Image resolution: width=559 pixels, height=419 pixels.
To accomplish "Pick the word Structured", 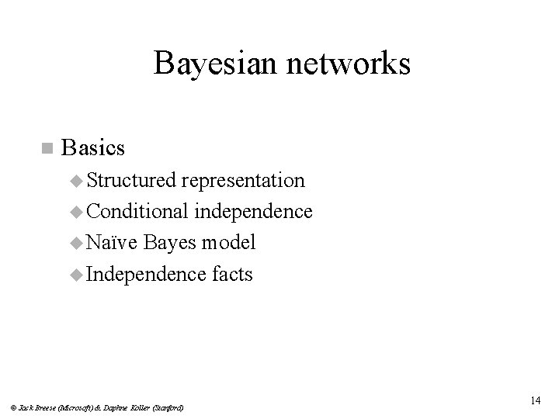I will point(131,181).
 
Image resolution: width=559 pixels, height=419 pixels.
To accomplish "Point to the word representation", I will point(243,181).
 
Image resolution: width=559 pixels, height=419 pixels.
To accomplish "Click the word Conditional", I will point(136,212).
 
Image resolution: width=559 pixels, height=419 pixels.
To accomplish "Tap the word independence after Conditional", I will point(254,212).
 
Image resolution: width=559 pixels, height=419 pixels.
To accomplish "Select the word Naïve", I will point(112,243).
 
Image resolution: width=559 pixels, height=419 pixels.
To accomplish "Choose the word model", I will point(228,243).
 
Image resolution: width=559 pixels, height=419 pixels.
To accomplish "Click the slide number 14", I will point(535,400).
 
